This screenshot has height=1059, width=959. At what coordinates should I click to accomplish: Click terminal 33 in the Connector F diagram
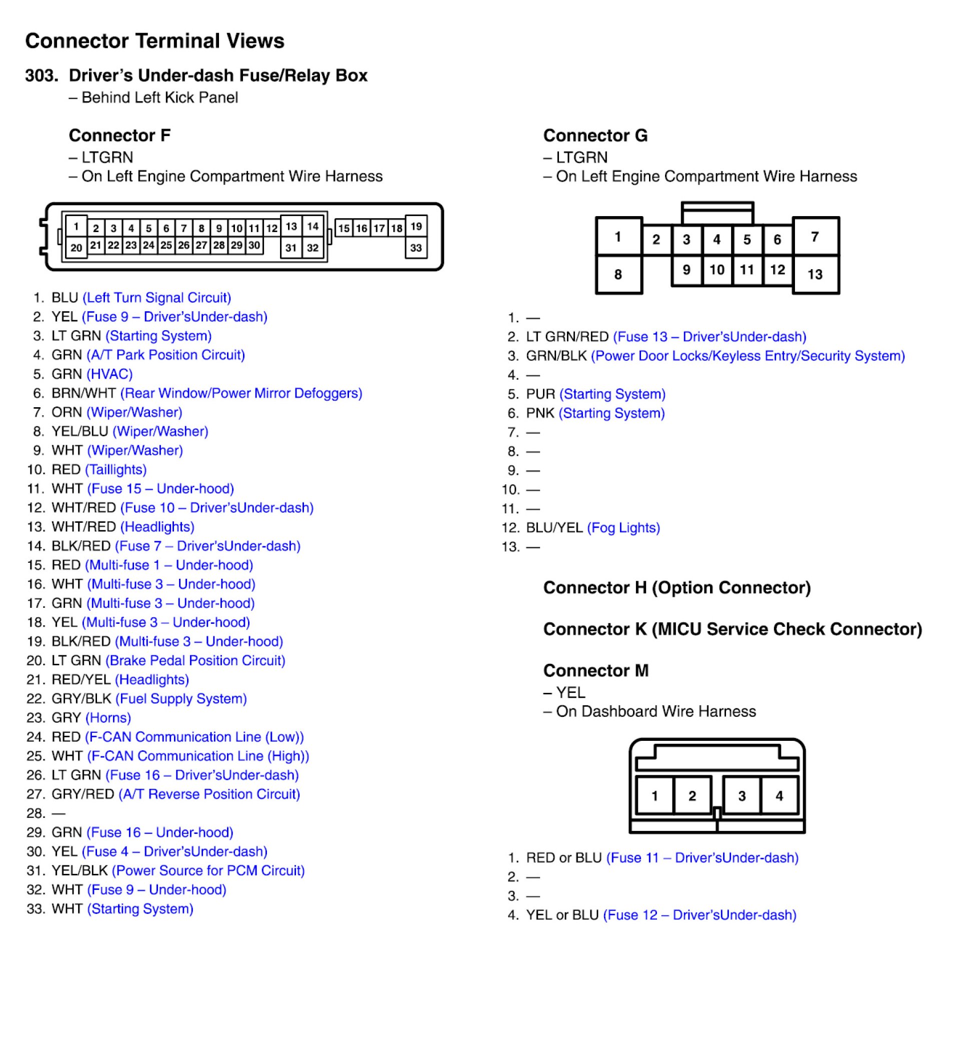click(x=415, y=248)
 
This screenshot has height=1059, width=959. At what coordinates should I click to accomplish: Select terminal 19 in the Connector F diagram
click(x=415, y=227)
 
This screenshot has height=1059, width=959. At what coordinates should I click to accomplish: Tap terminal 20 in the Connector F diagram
click(x=76, y=248)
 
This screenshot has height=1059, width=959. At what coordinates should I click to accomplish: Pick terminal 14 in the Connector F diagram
click(x=312, y=227)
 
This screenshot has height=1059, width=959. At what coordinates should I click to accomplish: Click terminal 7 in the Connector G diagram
click(x=814, y=237)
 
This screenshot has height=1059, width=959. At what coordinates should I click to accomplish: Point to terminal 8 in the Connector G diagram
click(x=618, y=274)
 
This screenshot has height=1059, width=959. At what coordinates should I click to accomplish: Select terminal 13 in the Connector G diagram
click(x=814, y=274)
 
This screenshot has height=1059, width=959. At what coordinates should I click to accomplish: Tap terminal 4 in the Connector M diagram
click(x=779, y=796)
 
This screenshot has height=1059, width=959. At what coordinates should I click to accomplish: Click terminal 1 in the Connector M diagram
click(x=654, y=796)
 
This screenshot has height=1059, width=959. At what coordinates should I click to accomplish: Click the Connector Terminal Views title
click(x=154, y=41)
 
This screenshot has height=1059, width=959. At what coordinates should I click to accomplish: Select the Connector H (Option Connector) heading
click(x=676, y=587)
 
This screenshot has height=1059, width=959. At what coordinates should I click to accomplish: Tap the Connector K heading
click(x=732, y=629)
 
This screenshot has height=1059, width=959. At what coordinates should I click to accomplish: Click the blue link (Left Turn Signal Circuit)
click(x=156, y=298)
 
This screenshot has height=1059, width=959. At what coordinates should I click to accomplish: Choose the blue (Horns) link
click(x=108, y=717)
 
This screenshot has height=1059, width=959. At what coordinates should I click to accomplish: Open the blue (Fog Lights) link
click(x=623, y=527)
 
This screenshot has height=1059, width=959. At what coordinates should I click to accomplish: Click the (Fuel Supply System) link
click(x=180, y=699)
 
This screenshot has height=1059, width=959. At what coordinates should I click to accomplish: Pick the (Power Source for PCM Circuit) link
click(x=208, y=870)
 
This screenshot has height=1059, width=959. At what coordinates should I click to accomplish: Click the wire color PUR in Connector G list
click(x=540, y=394)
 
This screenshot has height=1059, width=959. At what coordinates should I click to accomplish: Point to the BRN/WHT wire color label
click(x=83, y=393)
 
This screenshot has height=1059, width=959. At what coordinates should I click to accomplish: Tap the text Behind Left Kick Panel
click(x=159, y=98)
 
